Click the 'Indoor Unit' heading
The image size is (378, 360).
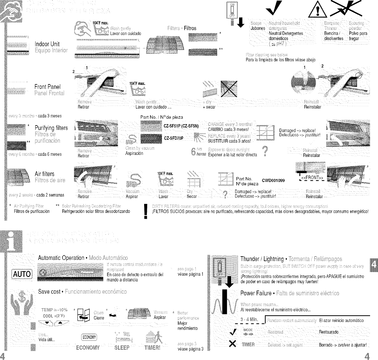[47, 44]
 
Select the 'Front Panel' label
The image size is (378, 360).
[47, 87]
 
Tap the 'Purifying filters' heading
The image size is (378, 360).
[51, 128]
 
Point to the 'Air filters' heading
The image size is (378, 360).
[44, 174]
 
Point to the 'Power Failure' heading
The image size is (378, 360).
[256, 293]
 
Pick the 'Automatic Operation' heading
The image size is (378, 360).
[61, 258]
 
